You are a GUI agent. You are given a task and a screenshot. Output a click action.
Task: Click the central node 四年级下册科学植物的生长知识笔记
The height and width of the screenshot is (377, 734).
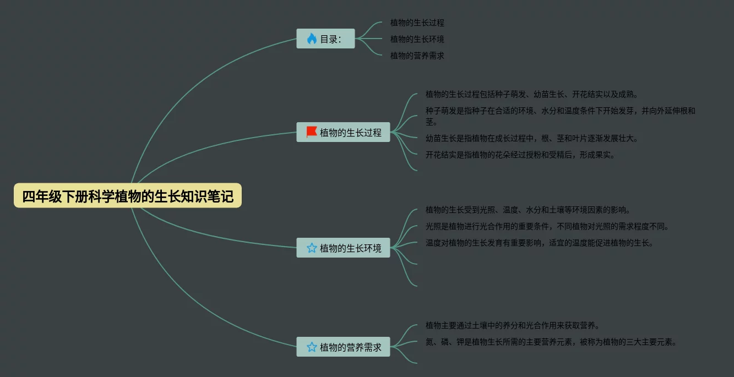[x=128, y=196]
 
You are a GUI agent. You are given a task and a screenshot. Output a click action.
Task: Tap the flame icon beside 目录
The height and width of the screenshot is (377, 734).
[x=312, y=39]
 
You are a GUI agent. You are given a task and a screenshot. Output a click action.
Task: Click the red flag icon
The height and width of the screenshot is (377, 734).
[x=312, y=132]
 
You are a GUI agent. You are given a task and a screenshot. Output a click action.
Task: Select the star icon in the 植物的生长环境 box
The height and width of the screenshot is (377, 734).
[x=312, y=248]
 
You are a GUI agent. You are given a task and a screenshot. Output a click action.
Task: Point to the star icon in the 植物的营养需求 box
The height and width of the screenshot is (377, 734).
[x=312, y=347]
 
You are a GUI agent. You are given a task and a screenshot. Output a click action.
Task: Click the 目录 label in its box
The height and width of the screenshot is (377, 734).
[x=330, y=39]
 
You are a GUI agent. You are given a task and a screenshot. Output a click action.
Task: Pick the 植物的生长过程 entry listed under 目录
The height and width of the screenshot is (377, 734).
[x=417, y=23]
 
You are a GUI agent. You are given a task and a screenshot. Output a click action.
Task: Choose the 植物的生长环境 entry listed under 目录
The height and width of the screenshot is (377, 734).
[x=417, y=40]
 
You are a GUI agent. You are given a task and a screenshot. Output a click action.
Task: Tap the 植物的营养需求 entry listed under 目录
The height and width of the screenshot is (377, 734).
[x=417, y=56]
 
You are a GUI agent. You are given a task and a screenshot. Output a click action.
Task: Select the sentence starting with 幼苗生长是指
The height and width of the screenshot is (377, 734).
[x=531, y=139]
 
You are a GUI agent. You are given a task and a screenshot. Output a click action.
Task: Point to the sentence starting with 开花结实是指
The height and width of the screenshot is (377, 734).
[x=520, y=155]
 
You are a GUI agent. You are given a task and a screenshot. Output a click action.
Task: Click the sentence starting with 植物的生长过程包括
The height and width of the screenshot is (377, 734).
[x=531, y=95]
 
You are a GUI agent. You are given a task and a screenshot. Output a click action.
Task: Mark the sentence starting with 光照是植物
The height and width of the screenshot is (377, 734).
[x=547, y=227]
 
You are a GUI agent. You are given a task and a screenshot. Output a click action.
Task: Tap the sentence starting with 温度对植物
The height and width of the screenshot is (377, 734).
[x=539, y=243]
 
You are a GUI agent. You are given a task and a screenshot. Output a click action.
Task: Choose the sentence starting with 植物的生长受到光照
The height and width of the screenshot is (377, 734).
[x=528, y=210]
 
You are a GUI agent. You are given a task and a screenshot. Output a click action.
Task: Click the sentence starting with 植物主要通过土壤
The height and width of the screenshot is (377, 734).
[x=512, y=326]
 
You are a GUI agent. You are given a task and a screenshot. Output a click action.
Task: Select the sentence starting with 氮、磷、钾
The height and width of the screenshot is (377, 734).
[x=551, y=342]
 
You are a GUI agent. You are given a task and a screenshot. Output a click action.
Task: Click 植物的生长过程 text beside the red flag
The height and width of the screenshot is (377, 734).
[x=350, y=133]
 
